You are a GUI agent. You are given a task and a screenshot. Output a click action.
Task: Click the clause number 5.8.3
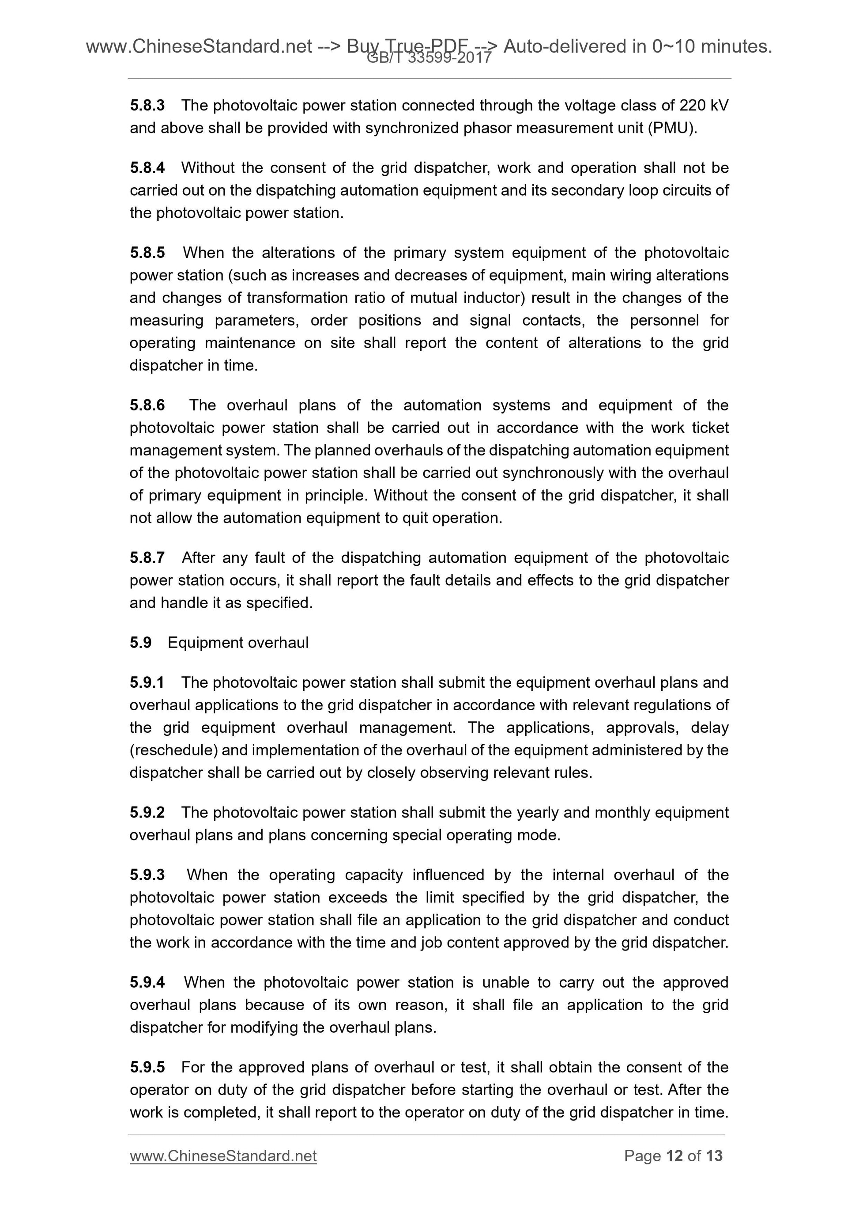(147, 106)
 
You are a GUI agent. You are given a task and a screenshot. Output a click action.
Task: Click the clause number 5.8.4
(147, 168)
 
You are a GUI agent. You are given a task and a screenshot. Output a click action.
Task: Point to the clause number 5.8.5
(147, 253)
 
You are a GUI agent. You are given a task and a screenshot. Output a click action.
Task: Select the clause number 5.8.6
(147, 405)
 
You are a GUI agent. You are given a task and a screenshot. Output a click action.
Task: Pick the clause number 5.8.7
(147, 558)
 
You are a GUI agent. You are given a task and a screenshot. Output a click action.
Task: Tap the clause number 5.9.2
(147, 812)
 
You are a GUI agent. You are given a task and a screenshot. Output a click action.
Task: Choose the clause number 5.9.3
(147, 875)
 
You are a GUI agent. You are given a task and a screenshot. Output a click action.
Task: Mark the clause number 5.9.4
(147, 982)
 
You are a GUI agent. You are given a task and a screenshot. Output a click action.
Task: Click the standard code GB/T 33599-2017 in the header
(429, 58)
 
